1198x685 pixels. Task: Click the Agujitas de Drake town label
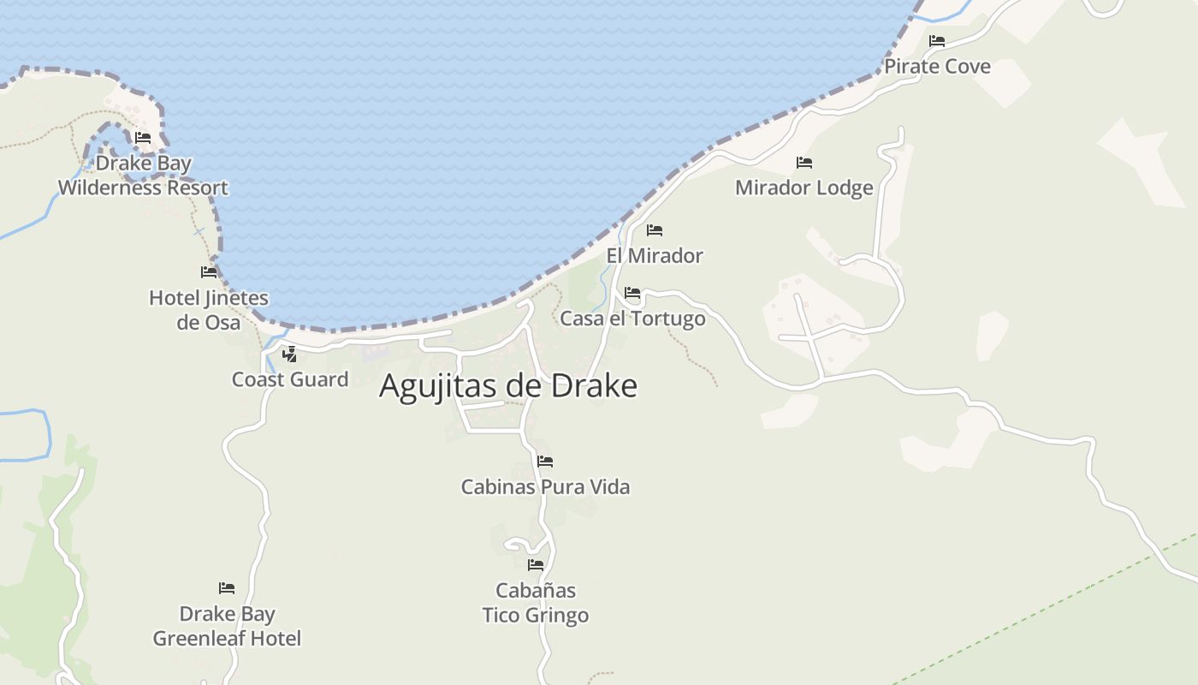(508, 386)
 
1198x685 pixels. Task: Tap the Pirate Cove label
(937, 67)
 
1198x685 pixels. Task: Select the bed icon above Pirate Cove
(937, 41)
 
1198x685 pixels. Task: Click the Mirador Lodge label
(804, 188)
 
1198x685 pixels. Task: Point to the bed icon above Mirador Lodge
(804, 163)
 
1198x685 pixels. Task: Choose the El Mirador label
(655, 256)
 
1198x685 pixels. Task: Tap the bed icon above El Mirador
(655, 230)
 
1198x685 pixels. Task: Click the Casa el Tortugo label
(632, 319)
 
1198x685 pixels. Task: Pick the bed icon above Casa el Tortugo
(632, 293)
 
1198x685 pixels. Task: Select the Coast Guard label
(290, 379)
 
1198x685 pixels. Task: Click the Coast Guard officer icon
(290, 354)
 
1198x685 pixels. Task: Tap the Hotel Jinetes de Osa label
(209, 310)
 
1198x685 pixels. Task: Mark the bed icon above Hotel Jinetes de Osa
(209, 272)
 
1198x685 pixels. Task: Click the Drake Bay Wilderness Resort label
(143, 176)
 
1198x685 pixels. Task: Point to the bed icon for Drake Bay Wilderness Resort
(143, 137)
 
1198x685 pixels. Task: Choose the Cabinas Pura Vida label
(545, 487)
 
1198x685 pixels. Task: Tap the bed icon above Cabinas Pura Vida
(545, 462)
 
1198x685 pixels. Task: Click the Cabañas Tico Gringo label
(536, 603)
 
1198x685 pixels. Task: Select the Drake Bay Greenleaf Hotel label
(227, 626)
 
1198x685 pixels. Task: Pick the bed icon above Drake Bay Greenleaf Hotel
(227, 588)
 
